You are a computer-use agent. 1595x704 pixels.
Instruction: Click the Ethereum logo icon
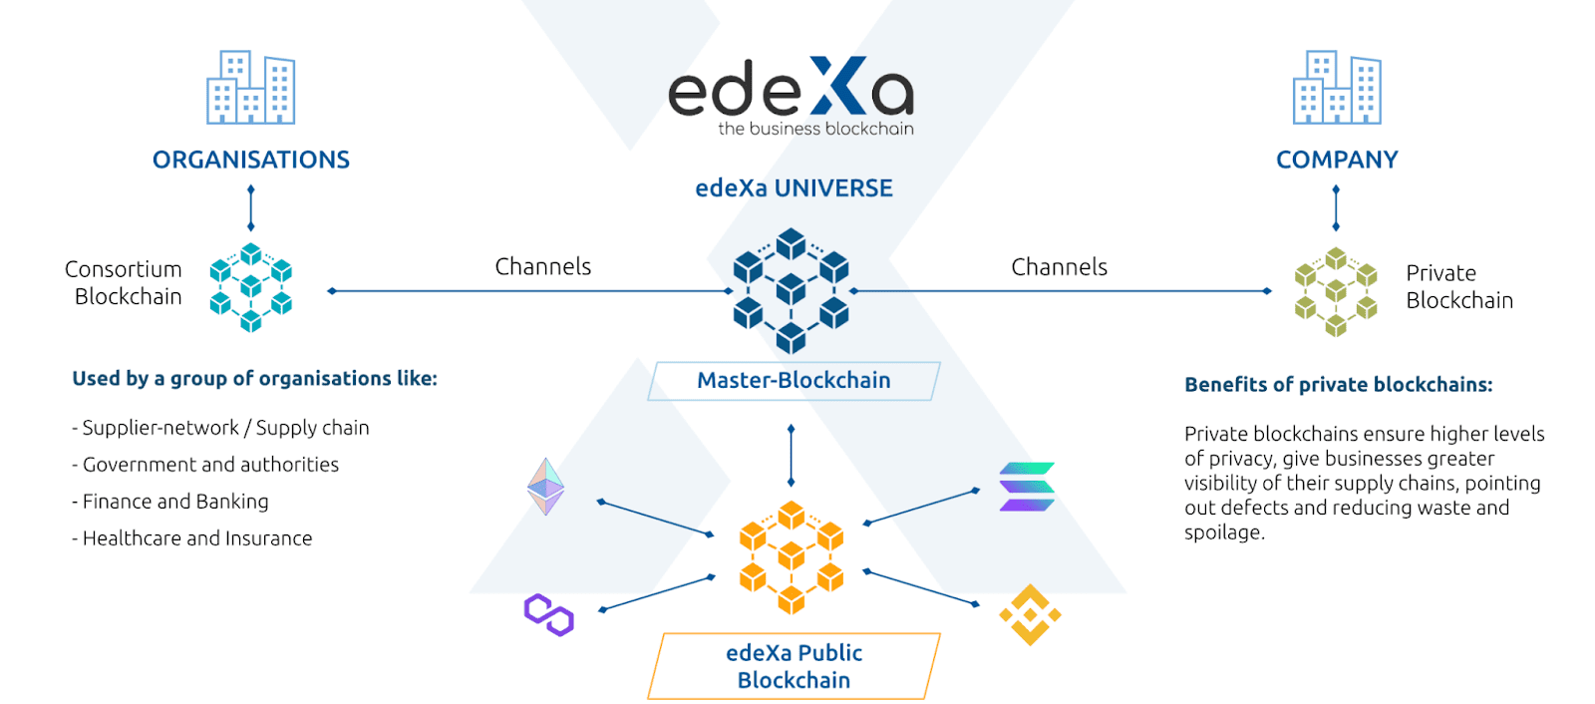click(545, 487)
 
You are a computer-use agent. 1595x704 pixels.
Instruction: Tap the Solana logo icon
click(1027, 487)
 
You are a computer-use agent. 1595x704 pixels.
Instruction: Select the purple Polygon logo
click(549, 614)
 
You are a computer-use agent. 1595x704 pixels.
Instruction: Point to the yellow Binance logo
click(1030, 615)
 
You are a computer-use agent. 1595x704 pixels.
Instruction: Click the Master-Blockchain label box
click(794, 381)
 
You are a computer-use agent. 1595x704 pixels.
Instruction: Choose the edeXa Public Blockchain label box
click(794, 666)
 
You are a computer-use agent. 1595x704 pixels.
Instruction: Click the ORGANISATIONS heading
click(251, 160)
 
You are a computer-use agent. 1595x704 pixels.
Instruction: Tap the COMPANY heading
click(1337, 160)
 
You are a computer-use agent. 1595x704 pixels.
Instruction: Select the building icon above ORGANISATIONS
click(251, 88)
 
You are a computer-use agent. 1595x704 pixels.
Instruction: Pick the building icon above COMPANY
click(1337, 88)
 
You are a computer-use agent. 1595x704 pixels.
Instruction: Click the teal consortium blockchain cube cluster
click(251, 287)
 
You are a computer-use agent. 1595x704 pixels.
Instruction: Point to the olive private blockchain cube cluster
click(1336, 291)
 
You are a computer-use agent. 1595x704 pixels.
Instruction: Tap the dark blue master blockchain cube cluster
click(791, 290)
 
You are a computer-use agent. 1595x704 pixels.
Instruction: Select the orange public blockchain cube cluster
click(792, 556)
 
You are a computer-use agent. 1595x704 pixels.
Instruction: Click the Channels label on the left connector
click(543, 267)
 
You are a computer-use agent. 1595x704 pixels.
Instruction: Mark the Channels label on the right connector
click(1059, 267)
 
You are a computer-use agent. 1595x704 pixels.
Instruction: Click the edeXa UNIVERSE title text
click(794, 188)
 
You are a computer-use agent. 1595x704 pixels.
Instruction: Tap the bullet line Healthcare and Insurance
click(193, 538)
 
